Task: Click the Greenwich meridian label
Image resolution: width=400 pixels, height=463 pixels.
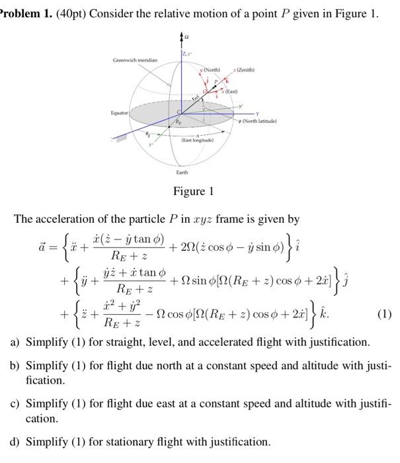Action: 135,60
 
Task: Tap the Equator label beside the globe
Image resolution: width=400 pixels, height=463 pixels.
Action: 119,113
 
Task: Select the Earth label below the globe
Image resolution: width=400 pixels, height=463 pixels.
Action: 182,172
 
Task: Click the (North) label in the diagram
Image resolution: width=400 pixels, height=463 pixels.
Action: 211,69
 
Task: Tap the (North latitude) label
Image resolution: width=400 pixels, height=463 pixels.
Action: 260,121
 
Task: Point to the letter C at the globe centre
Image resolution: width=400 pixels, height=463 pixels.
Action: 177,112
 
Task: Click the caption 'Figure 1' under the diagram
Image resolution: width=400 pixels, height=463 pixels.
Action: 193,192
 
